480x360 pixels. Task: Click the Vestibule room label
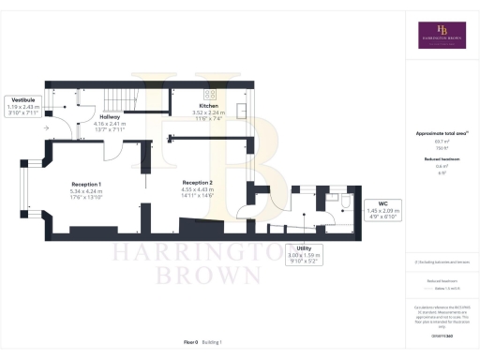pyautogui.click(x=24, y=98)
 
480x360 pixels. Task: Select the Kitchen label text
pyautogui.click(x=207, y=106)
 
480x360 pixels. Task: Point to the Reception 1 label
pyautogui.click(x=86, y=184)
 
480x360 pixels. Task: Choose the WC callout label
pyautogui.click(x=383, y=202)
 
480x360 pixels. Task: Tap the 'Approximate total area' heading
pyautogui.click(x=442, y=134)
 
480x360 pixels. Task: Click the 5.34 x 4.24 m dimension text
pyautogui.click(x=86, y=191)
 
